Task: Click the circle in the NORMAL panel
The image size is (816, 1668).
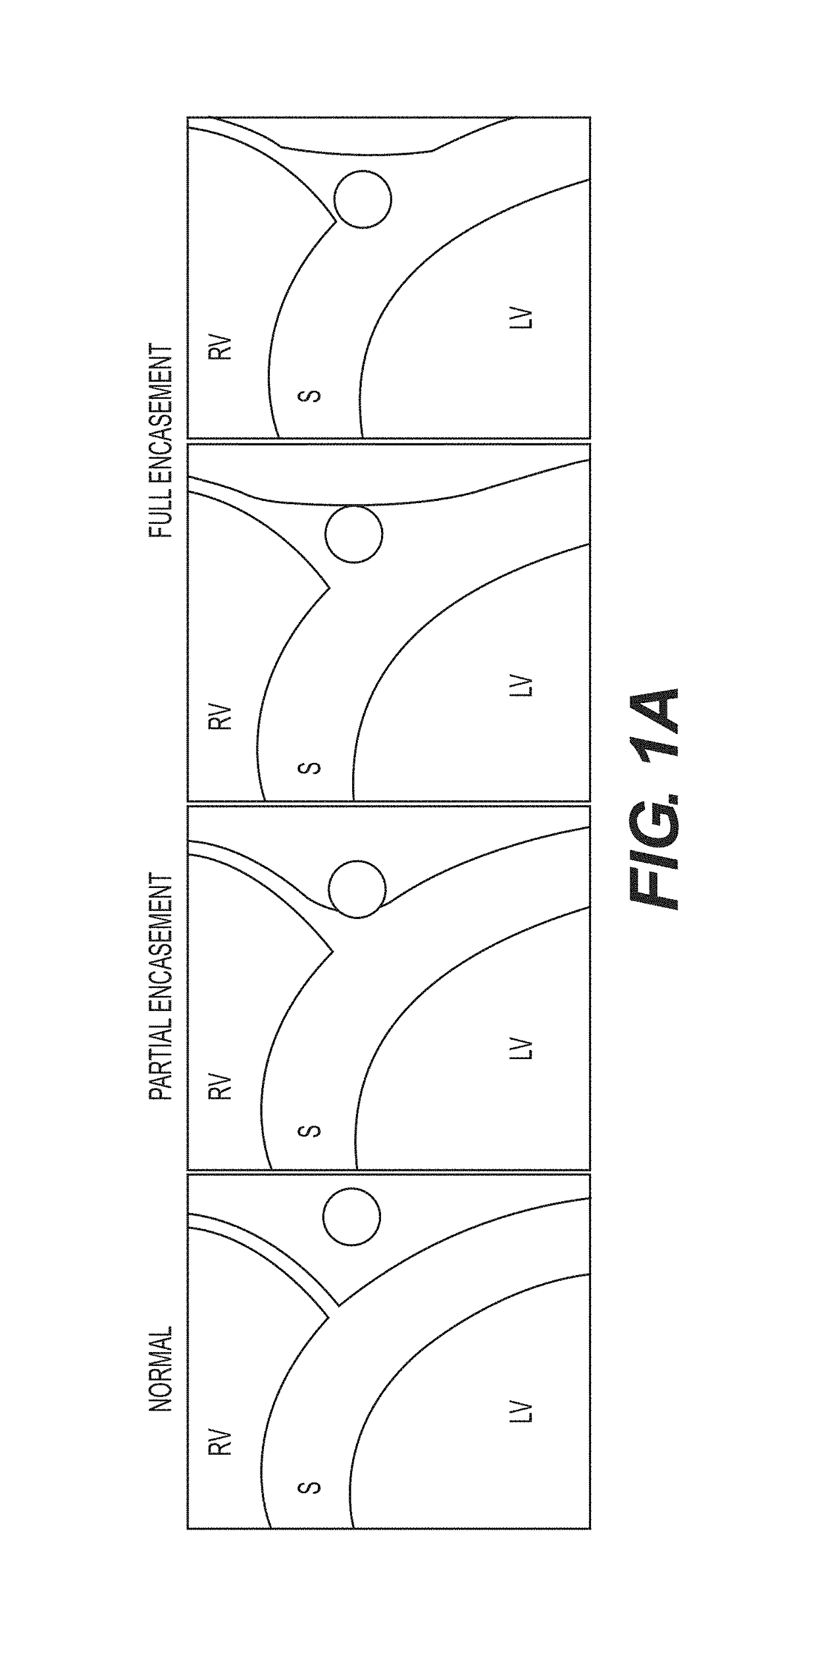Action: click(x=351, y=1216)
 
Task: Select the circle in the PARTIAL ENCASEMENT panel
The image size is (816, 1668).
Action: click(x=357, y=889)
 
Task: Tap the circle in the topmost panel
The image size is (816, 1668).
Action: click(x=363, y=199)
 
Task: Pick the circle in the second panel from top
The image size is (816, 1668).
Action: click(x=353, y=534)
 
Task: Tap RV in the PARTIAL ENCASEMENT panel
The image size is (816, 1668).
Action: click(x=220, y=1087)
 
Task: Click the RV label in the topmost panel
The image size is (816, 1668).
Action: click(x=220, y=348)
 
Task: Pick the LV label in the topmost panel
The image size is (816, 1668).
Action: click(x=520, y=318)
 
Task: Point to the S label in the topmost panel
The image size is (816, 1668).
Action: click(x=309, y=396)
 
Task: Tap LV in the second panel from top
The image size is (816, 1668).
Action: click(x=520, y=685)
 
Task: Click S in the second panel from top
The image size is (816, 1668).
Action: click(x=309, y=768)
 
